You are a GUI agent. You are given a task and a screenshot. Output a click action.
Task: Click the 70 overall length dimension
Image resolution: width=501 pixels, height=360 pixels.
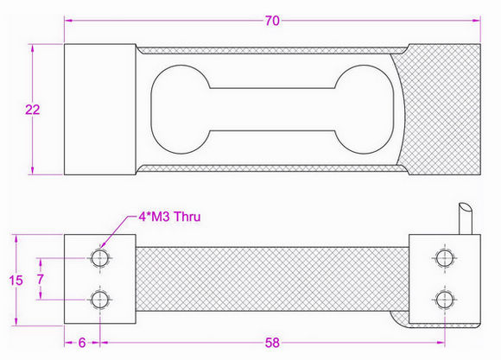[x=272, y=21]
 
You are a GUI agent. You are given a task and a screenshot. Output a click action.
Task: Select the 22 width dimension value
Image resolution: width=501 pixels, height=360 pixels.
[x=33, y=110]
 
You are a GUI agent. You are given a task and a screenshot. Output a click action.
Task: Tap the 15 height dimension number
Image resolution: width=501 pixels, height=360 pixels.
[x=16, y=281]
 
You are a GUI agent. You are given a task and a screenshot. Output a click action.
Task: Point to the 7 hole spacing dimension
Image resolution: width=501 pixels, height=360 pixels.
[x=40, y=279]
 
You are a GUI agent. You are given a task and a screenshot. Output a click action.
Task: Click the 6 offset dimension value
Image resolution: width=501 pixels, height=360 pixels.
[x=82, y=343]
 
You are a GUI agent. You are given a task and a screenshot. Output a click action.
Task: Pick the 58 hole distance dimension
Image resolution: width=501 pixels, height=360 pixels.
[x=272, y=343]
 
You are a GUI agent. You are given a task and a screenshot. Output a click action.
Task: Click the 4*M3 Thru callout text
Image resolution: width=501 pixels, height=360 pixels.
[x=169, y=217]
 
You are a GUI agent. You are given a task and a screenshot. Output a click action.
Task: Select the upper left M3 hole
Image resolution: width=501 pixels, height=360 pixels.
[x=100, y=258]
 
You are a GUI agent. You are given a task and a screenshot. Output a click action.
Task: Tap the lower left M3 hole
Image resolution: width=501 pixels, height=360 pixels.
[x=100, y=300]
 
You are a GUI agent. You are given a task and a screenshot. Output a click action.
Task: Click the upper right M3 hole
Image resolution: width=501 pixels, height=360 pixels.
[x=445, y=258]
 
